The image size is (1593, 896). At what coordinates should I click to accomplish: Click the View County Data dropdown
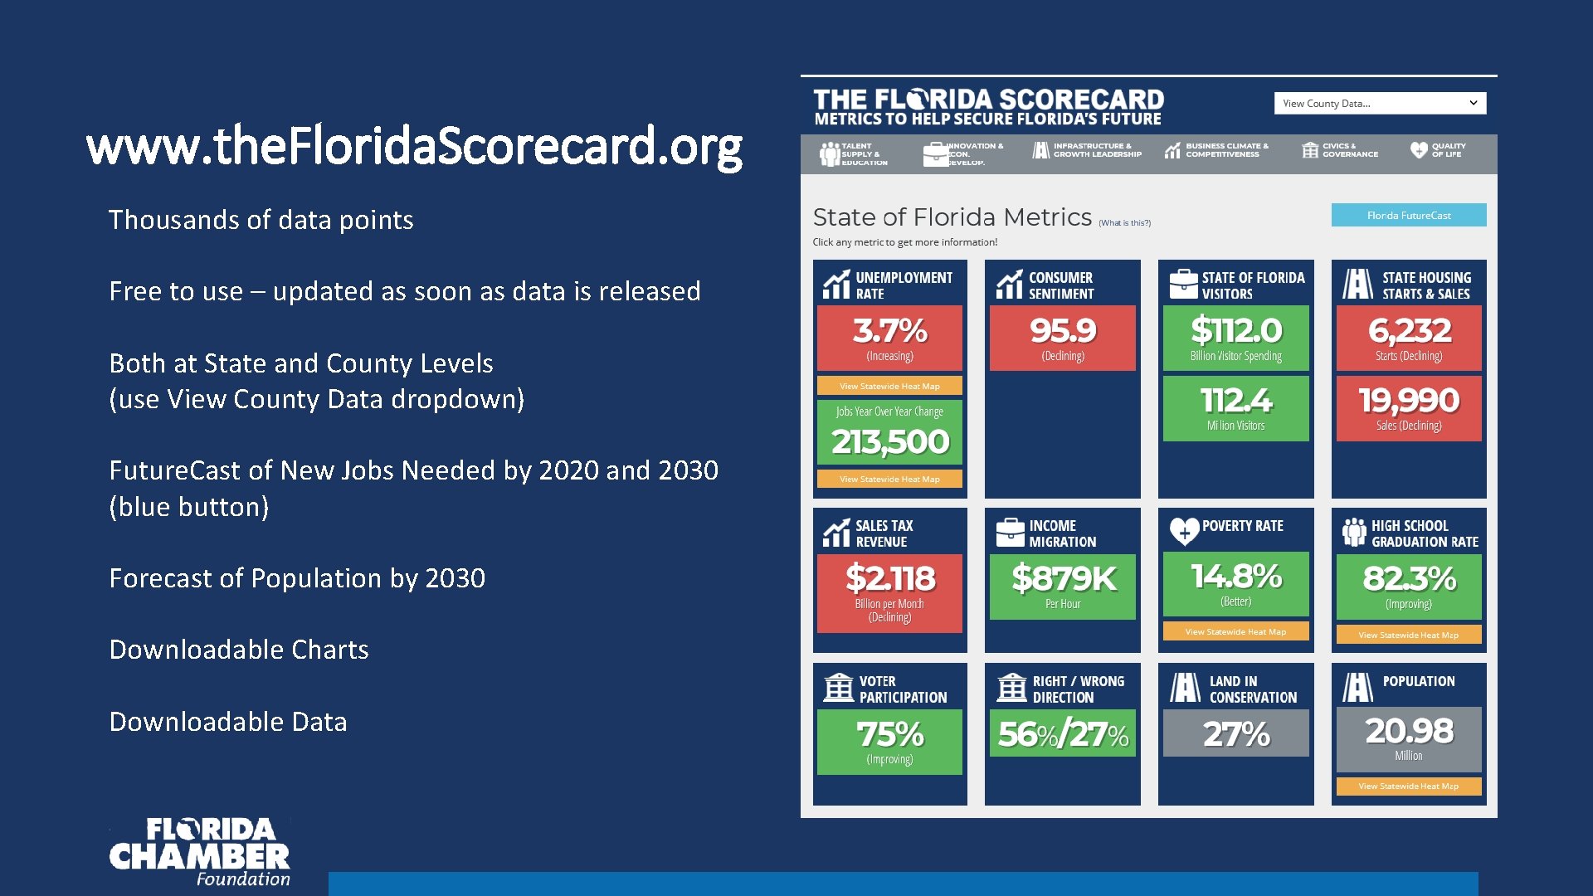pyautogui.click(x=1379, y=104)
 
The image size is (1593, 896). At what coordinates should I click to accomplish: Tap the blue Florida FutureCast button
pyautogui.click(x=1408, y=216)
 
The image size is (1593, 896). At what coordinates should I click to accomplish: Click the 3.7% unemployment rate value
pyautogui.click(x=889, y=331)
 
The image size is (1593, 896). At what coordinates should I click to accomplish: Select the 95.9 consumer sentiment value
pyautogui.click(x=1062, y=331)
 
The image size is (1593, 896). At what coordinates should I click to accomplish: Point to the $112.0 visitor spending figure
pyautogui.click(x=1235, y=331)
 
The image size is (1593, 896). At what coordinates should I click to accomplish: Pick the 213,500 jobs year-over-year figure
pyautogui.click(x=889, y=441)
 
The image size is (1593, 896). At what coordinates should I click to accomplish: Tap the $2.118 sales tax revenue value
pyautogui.click(x=889, y=578)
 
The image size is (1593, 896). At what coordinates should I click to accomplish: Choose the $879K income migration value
pyautogui.click(x=1063, y=578)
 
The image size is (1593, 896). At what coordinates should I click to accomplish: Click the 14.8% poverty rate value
pyautogui.click(x=1235, y=576)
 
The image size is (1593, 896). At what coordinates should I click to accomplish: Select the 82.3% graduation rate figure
pyautogui.click(x=1408, y=578)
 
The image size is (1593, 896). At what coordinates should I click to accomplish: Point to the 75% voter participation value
pyautogui.click(x=889, y=734)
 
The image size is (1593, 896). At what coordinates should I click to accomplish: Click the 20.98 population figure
pyautogui.click(x=1408, y=731)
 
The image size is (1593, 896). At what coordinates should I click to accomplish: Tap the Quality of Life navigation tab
pyautogui.click(x=1438, y=150)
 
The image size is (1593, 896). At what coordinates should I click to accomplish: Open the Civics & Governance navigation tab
pyautogui.click(x=1340, y=150)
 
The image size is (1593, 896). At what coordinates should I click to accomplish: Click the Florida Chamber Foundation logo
pyautogui.click(x=200, y=852)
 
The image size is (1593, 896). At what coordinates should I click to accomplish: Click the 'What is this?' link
pyautogui.click(x=1124, y=223)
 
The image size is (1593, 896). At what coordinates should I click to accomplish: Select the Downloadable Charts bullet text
pyautogui.click(x=239, y=650)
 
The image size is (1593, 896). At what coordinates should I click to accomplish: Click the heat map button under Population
pyautogui.click(x=1408, y=786)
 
